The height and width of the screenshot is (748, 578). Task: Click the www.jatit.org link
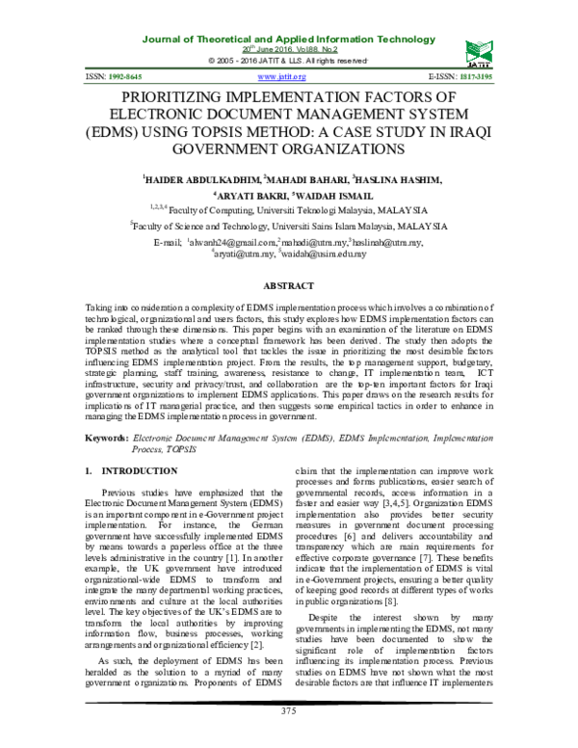[x=282, y=75]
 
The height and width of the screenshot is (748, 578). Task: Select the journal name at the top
[x=288, y=38]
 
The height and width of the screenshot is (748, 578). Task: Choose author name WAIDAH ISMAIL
[x=333, y=197]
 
